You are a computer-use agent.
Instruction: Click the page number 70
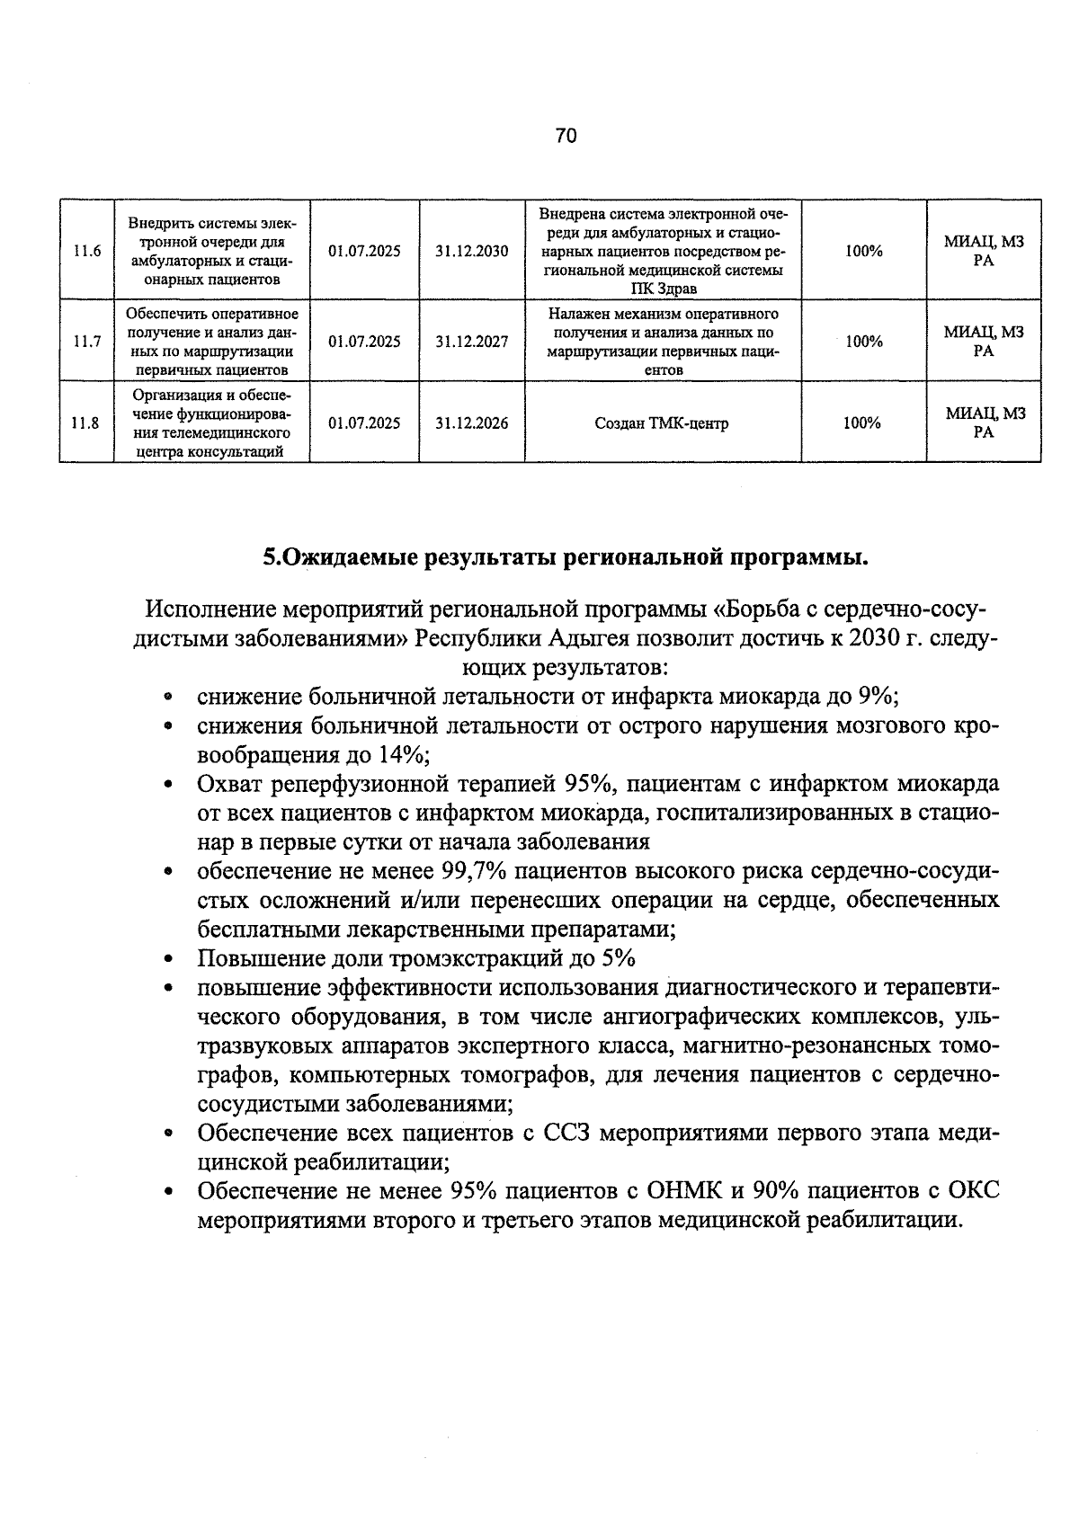(x=566, y=136)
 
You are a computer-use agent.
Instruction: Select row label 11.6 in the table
(x=86, y=251)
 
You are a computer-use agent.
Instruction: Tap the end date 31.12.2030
(x=472, y=251)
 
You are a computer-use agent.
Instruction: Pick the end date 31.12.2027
(x=472, y=342)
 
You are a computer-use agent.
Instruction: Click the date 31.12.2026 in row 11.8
(x=472, y=423)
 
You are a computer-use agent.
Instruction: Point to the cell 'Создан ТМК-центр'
(x=662, y=423)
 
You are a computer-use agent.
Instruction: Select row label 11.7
(x=86, y=342)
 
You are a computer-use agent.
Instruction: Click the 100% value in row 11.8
(x=862, y=423)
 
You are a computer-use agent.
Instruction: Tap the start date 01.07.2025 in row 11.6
(x=364, y=251)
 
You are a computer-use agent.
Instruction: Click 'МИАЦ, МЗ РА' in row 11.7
(x=984, y=342)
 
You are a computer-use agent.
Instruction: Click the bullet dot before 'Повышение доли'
(x=169, y=959)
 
